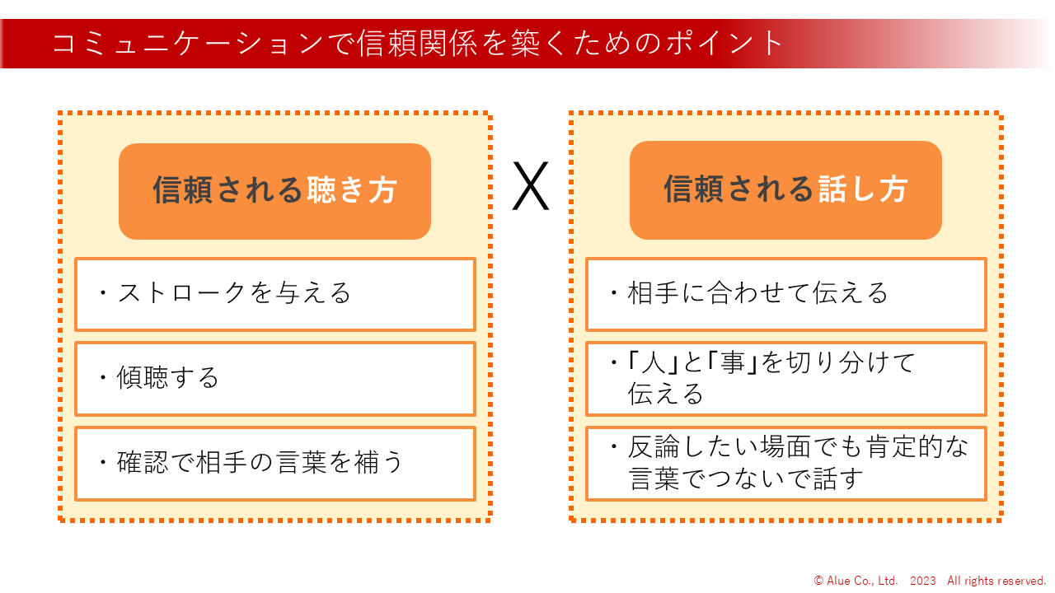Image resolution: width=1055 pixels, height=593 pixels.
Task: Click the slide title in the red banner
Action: point(417,43)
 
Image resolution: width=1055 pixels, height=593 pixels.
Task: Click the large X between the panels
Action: point(530,187)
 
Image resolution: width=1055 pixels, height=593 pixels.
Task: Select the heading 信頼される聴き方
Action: point(274,191)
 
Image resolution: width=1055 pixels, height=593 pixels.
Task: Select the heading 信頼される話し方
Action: point(785,189)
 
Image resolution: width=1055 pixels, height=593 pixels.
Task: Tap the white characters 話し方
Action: point(863,189)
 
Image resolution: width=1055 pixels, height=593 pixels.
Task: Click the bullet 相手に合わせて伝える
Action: point(748,293)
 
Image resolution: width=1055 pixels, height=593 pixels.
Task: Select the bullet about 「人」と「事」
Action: point(762,378)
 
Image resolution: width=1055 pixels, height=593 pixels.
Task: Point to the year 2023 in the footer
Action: point(923,581)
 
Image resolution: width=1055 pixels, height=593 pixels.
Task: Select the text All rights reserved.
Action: point(996,581)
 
